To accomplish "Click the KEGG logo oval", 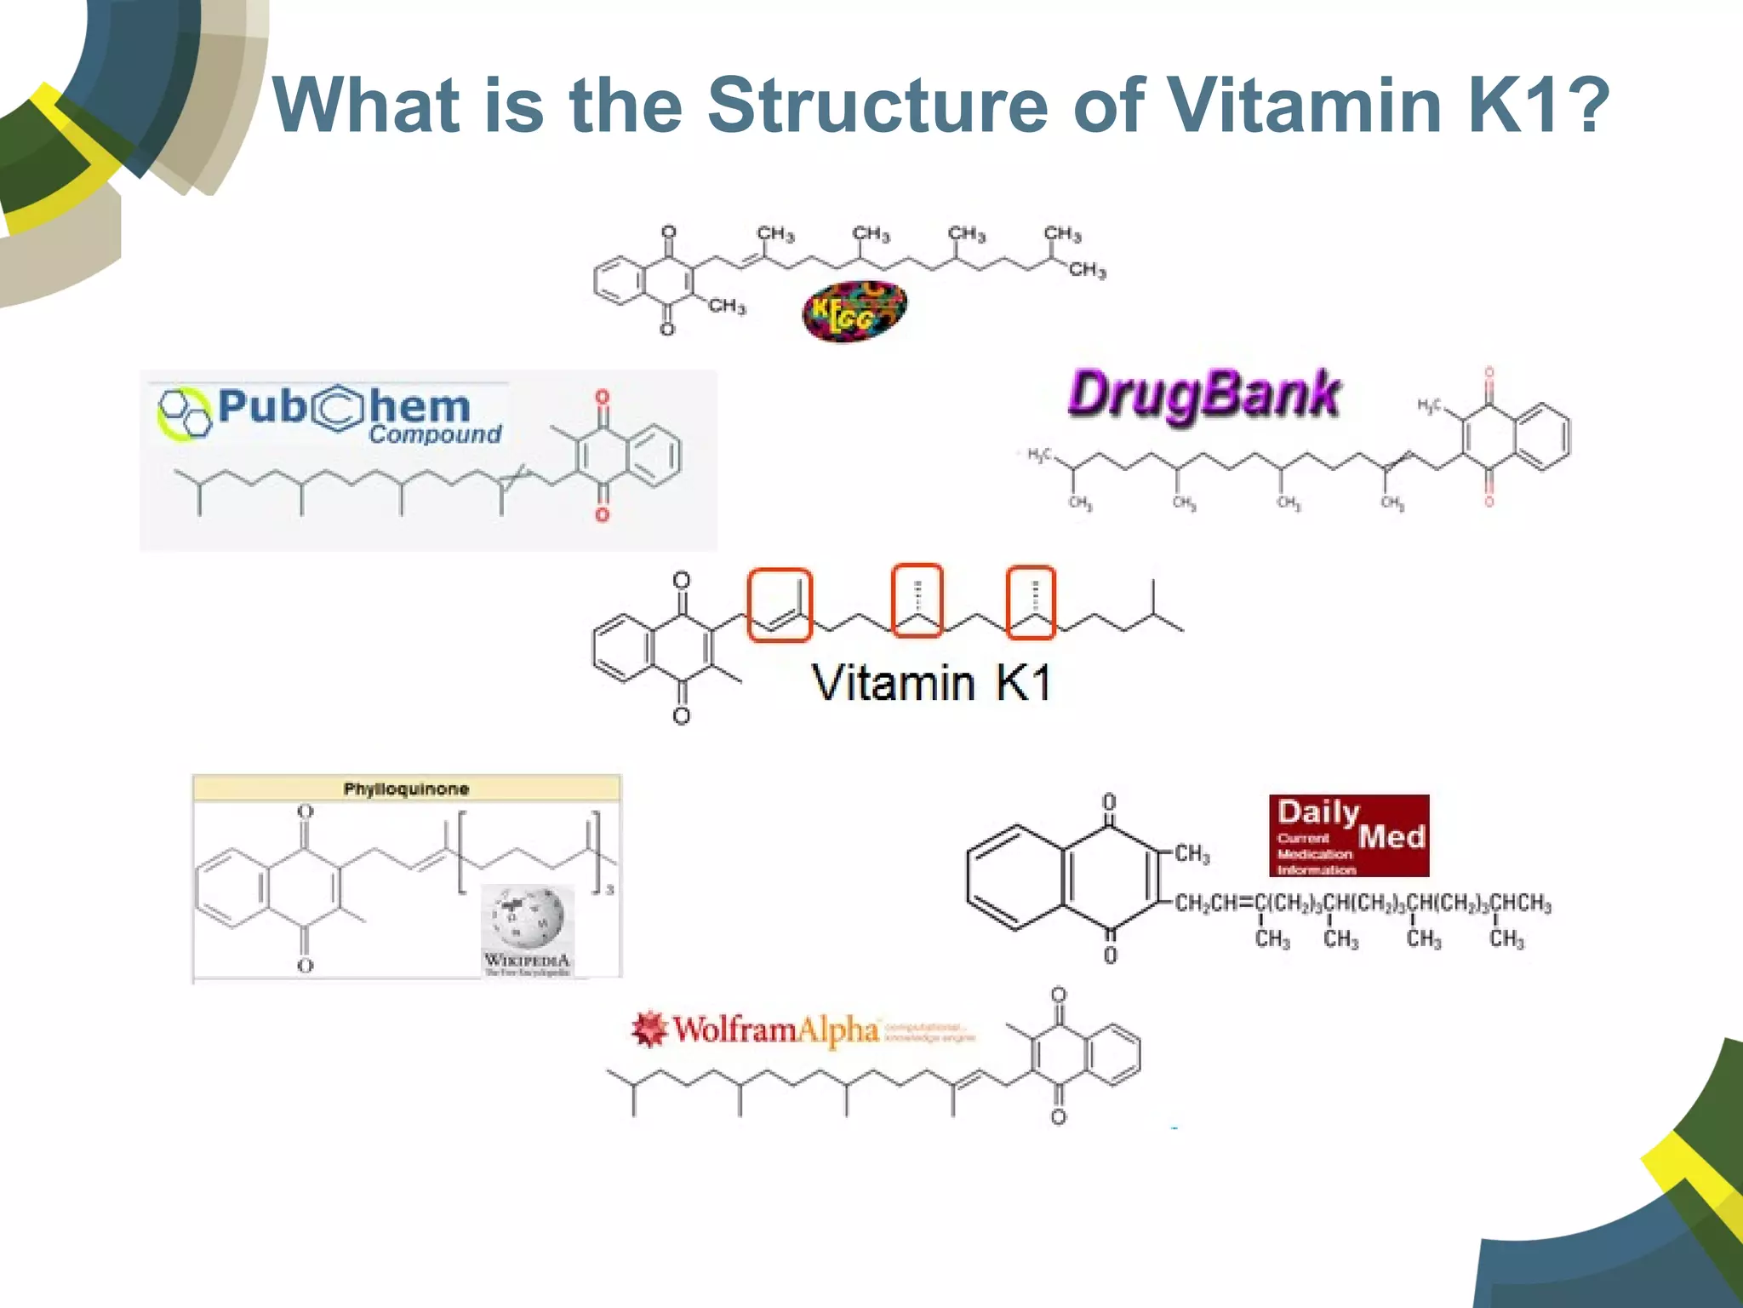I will point(854,312).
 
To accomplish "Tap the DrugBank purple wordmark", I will point(1203,396).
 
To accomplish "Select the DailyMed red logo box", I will point(1349,835).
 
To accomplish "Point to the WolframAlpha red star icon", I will point(649,1029).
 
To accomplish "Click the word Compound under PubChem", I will point(435,434).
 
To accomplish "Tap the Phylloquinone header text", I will point(406,789).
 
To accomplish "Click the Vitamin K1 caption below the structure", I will point(931,683).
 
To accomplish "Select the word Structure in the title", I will point(878,105).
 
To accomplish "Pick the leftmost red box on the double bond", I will point(780,605).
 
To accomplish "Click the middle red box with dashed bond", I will point(917,600).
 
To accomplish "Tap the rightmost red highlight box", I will point(1031,602).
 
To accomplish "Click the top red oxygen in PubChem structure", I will point(603,398).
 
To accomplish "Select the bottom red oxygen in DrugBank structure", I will point(1489,501).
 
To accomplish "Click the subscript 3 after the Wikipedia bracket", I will point(609,890).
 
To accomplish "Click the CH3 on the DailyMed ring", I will point(1192,853).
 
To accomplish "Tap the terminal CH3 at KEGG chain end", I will point(1087,271).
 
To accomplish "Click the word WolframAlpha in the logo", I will point(775,1030).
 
